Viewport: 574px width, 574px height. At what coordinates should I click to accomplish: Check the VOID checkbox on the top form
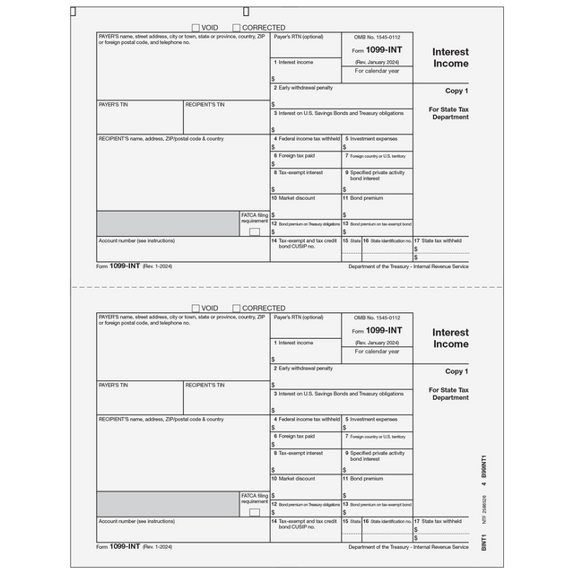[x=196, y=28]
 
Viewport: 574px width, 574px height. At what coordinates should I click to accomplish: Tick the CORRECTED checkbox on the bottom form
[x=237, y=308]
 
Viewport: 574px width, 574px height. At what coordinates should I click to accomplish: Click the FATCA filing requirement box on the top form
[x=254, y=231]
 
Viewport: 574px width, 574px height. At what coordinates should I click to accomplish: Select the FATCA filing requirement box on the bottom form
[x=254, y=512]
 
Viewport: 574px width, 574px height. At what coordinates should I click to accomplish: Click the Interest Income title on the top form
[x=450, y=57]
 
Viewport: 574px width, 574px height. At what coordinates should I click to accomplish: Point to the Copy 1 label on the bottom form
[x=457, y=371]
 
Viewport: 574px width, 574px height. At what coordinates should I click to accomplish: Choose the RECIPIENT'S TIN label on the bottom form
[x=204, y=385]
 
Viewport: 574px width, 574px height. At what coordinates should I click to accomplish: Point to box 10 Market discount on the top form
[x=297, y=197]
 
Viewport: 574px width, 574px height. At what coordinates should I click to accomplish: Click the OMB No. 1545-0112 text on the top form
[x=376, y=39]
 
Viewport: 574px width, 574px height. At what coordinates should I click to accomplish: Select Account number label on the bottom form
[x=136, y=521]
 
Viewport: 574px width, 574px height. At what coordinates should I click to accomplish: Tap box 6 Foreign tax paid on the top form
[x=296, y=155]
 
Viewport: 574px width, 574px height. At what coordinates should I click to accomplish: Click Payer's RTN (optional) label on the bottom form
[x=299, y=318]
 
